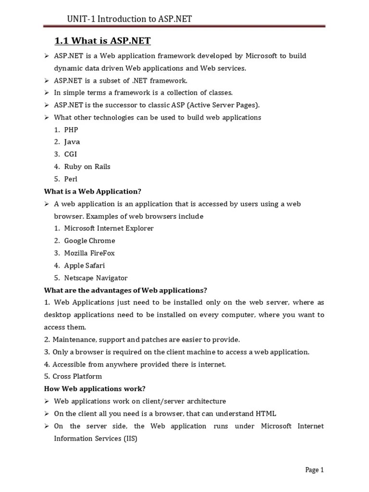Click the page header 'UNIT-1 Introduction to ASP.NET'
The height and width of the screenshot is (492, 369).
(x=129, y=19)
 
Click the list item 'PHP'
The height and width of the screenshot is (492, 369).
(x=71, y=130)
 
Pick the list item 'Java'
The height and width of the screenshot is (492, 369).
(x=72, y=142)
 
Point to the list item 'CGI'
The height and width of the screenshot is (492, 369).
(x=71, y=154)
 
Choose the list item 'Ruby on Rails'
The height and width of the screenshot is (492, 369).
(x=87, y=167)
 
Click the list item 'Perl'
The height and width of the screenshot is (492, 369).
(x=71, y=179)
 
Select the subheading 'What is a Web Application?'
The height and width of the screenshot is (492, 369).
(x=93, y=191)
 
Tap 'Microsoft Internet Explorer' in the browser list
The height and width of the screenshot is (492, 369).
(x=109, y=229)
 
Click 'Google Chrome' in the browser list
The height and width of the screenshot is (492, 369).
(x=90, y=241)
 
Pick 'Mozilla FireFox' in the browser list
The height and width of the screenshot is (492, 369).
(x=90, y=253)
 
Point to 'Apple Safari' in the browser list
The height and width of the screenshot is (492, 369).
(x=85, y=266)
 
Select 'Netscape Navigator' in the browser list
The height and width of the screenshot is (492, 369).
(x=96, y=278)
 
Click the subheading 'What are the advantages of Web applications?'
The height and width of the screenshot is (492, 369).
(x=125, y=290)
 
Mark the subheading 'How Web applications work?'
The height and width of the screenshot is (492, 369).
(x=95, y=389)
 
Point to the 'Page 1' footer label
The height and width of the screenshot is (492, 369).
(x=315, y=470)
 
